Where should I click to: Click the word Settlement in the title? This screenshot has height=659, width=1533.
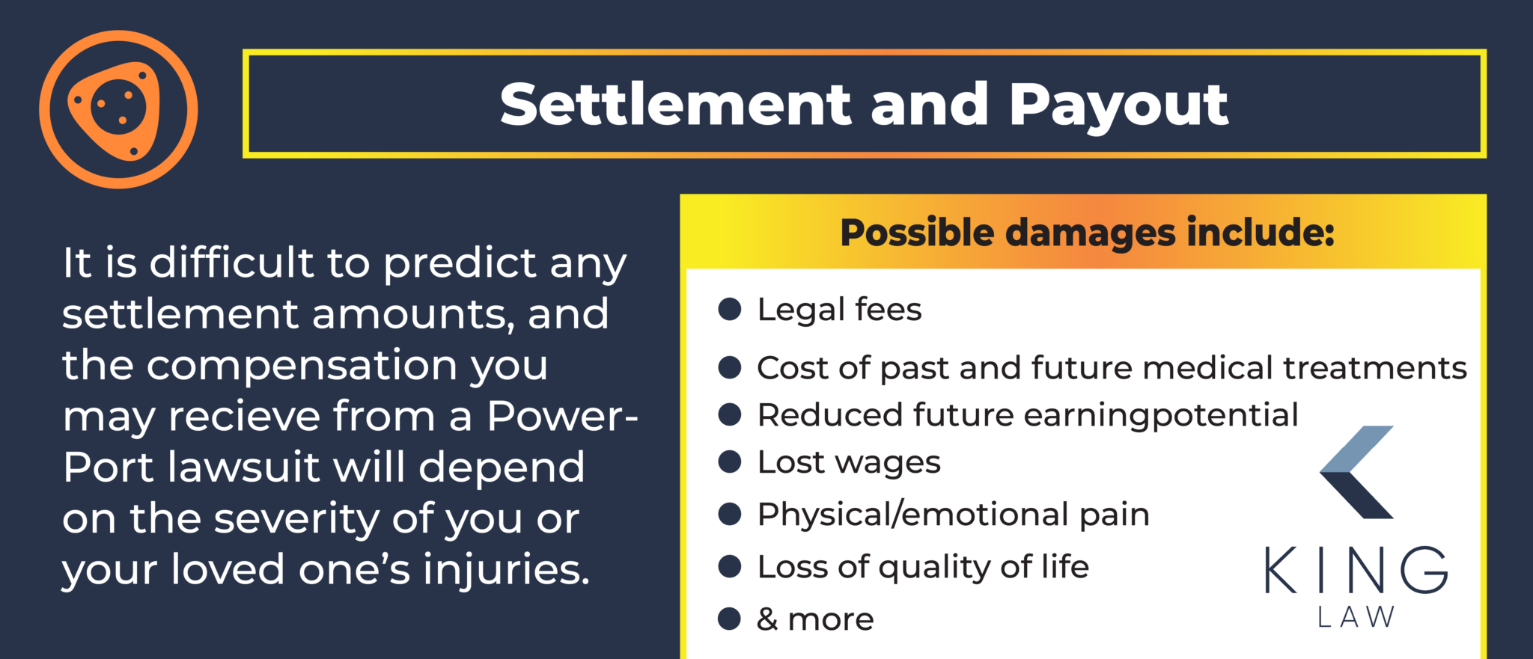coord(675,105)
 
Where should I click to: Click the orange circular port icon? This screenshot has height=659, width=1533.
coord(118,109)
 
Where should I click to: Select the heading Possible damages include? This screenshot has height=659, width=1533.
coord(1087,233)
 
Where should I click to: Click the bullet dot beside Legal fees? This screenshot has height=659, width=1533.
coord(729,309)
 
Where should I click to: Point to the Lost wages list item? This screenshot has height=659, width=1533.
coord(849,462)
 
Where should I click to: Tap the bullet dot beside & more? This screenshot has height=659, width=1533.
coord(729,619)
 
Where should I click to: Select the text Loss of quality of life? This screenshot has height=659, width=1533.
coord(923,567)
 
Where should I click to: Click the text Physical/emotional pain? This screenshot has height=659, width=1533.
coord(953,515)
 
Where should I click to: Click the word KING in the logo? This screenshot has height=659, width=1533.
coord(1356,571)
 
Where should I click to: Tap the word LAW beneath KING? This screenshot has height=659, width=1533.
coord(1356,617)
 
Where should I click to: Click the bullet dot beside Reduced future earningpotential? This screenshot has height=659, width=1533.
coord(729,414)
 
